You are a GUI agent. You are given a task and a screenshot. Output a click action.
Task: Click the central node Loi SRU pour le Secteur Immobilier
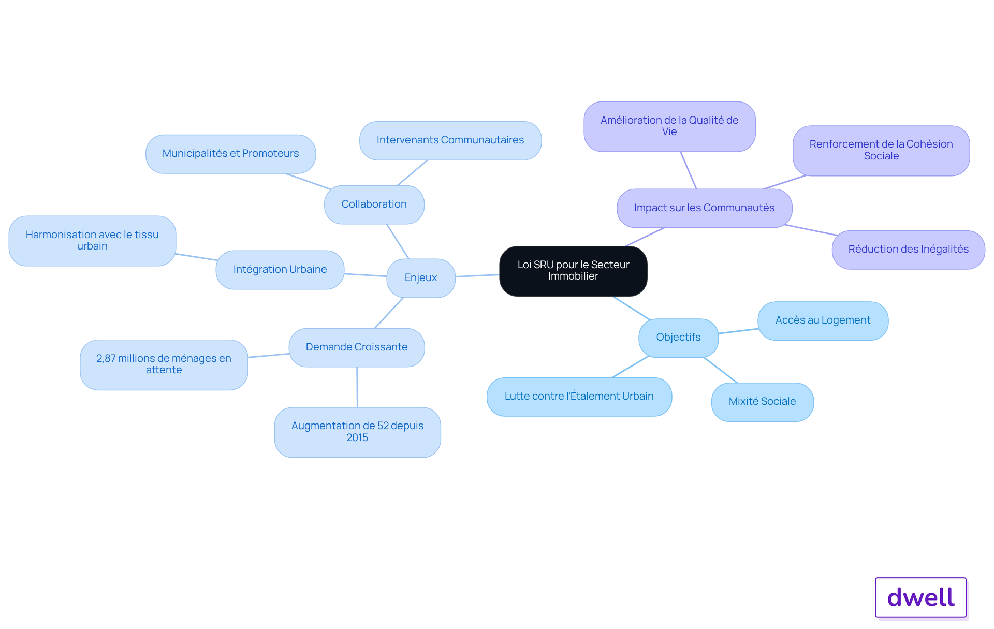(573, 271)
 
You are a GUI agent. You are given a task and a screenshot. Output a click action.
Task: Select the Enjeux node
(421, 278)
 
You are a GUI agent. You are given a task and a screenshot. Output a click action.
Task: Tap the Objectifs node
(678, 338)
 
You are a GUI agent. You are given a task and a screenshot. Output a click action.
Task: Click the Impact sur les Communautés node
(704, 208)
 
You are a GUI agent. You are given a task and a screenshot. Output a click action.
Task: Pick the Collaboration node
(374, 204)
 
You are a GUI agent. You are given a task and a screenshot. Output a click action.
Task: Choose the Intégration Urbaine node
(280, 270)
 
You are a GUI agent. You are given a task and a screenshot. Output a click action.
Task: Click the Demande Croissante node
(357, 347)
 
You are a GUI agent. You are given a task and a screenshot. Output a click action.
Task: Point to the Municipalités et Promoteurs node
(231, 154)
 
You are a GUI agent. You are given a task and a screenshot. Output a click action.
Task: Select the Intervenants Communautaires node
(450, 140)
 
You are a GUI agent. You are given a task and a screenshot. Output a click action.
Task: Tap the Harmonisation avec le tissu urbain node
(92, 241)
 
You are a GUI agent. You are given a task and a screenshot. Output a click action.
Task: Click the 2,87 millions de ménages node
(164, 364)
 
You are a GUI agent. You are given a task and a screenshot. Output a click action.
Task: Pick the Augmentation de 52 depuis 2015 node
(357, 432)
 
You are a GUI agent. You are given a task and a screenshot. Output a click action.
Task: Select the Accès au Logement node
(823, 320)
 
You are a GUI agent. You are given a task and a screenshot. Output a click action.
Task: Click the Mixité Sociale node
(762, 402)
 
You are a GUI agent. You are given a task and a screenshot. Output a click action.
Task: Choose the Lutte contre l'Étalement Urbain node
(579, 397)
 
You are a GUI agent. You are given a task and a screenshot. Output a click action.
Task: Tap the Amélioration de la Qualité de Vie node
(669, 126)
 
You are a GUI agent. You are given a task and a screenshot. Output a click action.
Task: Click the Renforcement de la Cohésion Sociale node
(881, 150)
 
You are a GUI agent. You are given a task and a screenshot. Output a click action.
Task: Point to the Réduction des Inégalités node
(908, 250)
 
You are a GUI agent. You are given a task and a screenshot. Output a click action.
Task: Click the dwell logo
(920, 597)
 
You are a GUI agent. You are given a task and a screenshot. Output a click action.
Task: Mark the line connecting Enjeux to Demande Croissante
(389, 313)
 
